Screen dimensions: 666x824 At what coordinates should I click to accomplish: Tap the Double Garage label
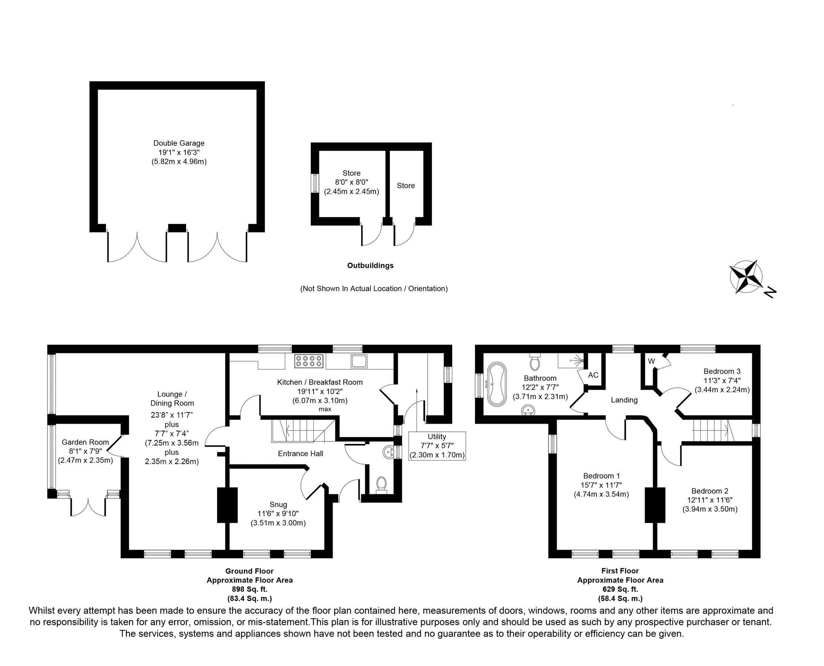179,143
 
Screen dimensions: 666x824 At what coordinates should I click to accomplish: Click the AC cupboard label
593,375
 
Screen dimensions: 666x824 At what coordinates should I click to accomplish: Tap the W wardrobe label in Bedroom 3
651,361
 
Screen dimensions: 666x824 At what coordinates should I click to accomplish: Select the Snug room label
278,504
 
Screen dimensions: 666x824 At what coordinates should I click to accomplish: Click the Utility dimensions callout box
437,446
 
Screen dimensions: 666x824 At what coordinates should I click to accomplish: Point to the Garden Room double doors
88,507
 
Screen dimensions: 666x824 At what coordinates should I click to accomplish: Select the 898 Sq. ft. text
249,589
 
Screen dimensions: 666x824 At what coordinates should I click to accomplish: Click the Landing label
624,400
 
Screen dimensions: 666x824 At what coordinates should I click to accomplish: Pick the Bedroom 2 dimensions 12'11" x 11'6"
710,500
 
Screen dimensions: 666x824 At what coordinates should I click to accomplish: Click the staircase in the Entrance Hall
303,430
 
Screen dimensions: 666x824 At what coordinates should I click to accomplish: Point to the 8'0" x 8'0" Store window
315,184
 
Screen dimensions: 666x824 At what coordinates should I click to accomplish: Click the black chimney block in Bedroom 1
655,504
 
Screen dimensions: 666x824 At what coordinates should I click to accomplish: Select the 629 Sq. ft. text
620,589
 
